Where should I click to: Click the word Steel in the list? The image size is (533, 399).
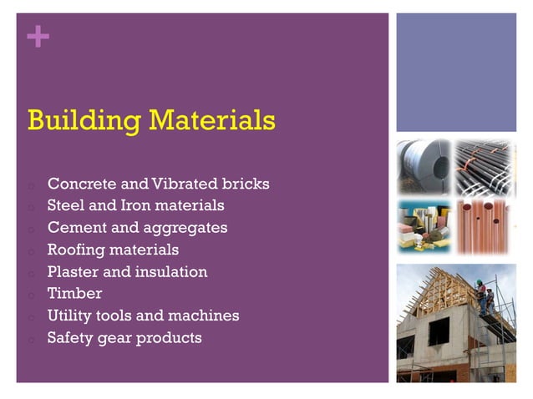click(x=65, y=205)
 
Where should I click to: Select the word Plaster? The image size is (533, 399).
click(x=74, y=271)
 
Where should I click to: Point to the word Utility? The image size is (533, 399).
click(x=71, y=316)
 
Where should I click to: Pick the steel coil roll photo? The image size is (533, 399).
click(x=423, y=167)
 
